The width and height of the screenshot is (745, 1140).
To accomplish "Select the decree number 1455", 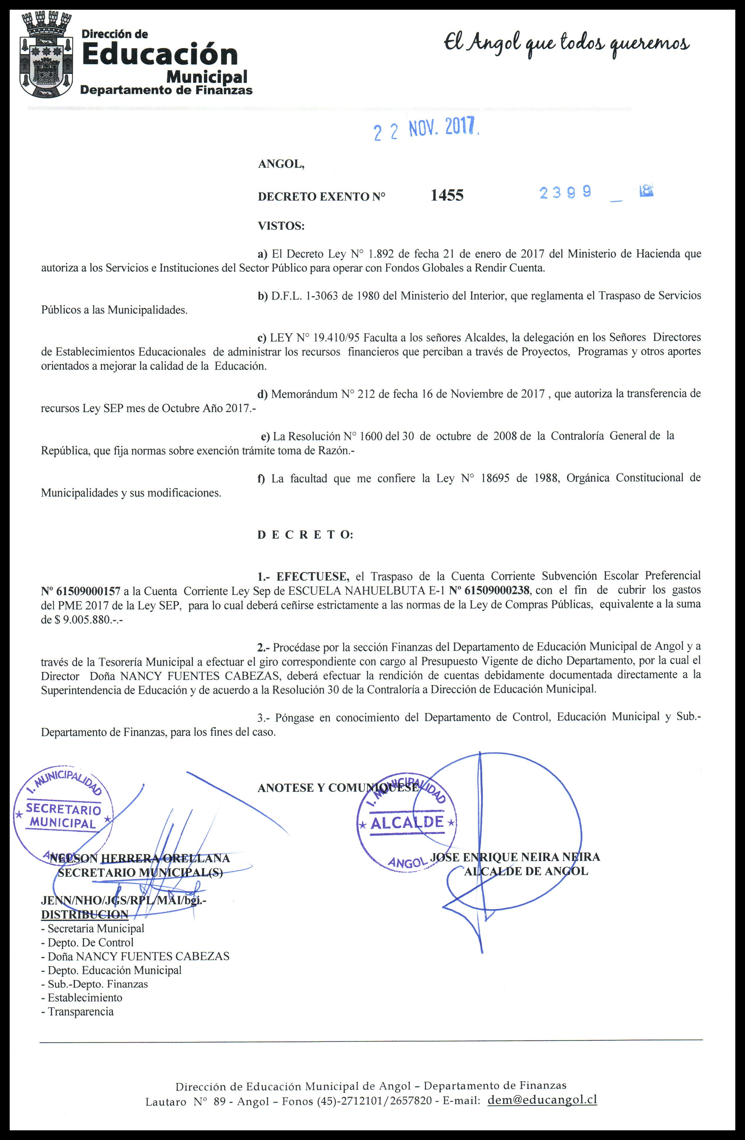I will pos(447,195).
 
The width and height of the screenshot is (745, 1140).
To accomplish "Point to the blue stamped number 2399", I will pos(565,193).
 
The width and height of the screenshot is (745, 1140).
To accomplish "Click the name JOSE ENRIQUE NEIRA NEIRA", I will pos(515,857).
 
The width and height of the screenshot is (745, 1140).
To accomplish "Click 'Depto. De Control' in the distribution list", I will pos(90,942).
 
